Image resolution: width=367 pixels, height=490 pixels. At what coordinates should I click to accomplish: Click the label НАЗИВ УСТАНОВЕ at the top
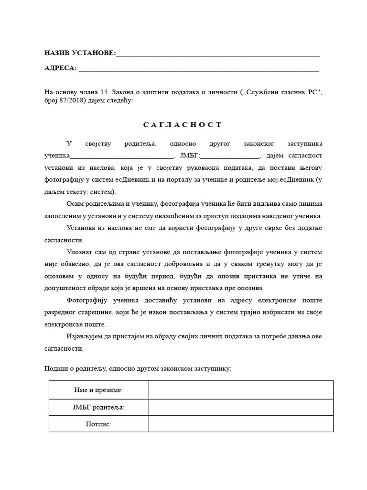(79, 53)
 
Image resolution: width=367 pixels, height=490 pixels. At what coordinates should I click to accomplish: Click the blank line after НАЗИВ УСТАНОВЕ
(217, 54)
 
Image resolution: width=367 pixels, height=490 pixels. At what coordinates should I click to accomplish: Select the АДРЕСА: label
(60, 68)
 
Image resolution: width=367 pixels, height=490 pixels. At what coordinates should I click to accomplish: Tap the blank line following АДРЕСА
(198, 69)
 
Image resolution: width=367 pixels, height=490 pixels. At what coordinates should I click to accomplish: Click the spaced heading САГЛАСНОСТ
(183, 125)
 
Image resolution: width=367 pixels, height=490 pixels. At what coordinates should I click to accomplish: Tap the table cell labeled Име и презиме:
(98, 390)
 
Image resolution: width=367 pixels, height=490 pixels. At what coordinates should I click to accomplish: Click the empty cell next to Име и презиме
(241, 390)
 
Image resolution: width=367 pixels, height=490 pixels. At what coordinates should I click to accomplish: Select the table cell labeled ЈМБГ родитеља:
(98, 407)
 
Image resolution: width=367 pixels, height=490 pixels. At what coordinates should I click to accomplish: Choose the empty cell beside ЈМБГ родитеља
(241, 407)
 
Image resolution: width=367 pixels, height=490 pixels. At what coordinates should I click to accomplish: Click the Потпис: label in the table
(98, 424)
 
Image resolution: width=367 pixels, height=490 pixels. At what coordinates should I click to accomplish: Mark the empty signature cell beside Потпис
(241, 424)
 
